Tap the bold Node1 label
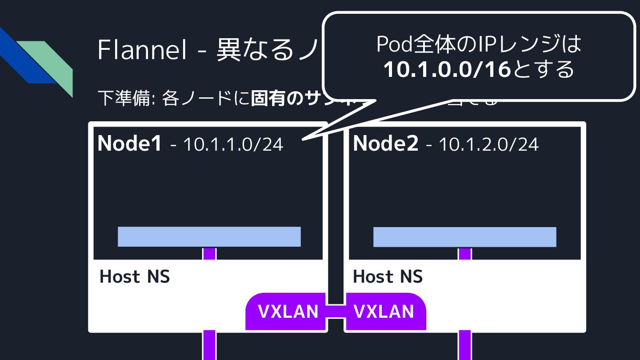pos(129,143)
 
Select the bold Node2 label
pos(385,143)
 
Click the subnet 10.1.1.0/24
pos(232,144)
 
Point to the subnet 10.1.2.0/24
pos(488,144)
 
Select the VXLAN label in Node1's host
pos(288,312)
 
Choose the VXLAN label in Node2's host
pos(384,312)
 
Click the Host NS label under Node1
pos(135,276)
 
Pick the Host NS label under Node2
pos(388,276)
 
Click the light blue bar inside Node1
pos(209,236)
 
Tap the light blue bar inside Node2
pos(464,236)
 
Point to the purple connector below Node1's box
pos(209,345)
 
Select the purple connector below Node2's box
pos(465,345)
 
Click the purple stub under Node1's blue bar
pos(209,253)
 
